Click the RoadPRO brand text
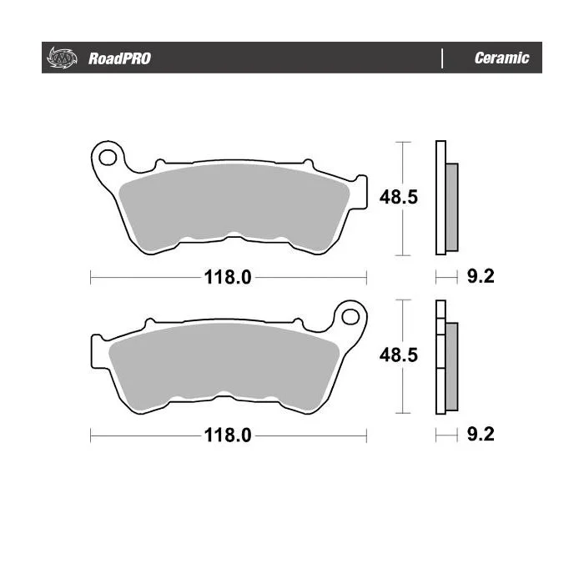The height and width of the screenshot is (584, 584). click(x=119, y=58)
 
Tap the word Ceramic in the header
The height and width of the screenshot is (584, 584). click(x=501, y=58)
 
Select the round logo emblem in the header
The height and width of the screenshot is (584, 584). click(x=62, y=58)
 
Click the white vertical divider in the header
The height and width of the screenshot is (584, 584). click(x=442, y=58)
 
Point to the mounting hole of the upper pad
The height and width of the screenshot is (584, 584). click(x=108, y=158)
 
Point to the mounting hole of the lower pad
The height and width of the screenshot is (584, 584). click(x=350, y=317)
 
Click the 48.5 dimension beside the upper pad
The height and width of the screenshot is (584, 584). click(x=399, y=197)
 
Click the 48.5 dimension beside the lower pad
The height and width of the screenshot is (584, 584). click(x=399, y=355)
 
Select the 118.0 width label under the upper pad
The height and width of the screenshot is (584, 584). click(x=228, y=278)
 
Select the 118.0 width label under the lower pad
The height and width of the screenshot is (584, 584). click(x=228, y=435)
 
